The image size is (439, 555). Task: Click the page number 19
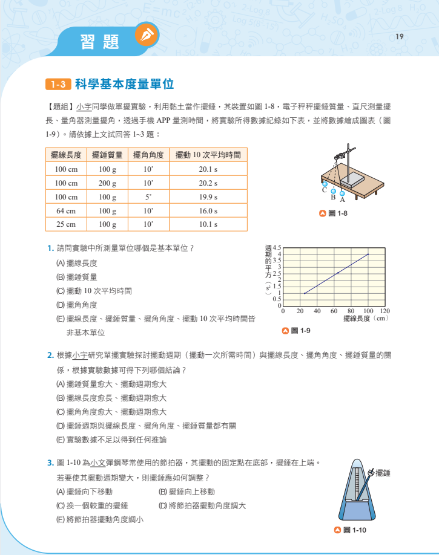point(399,37)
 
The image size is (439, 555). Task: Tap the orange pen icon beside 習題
point(147,36)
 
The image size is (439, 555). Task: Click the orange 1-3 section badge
point(58,85)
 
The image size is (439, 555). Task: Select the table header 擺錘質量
point(107,155)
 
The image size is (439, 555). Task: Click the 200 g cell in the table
point(107,183)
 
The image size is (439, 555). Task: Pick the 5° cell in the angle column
point(148,196)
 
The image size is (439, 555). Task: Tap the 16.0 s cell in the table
point(208,210)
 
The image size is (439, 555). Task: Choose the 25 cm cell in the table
point(65,224)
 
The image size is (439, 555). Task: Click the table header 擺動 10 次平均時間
point(208,155)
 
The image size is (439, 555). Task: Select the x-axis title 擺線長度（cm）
point(365,318)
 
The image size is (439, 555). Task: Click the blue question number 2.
point(50,355)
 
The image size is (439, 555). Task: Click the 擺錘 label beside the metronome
point(383,473)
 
